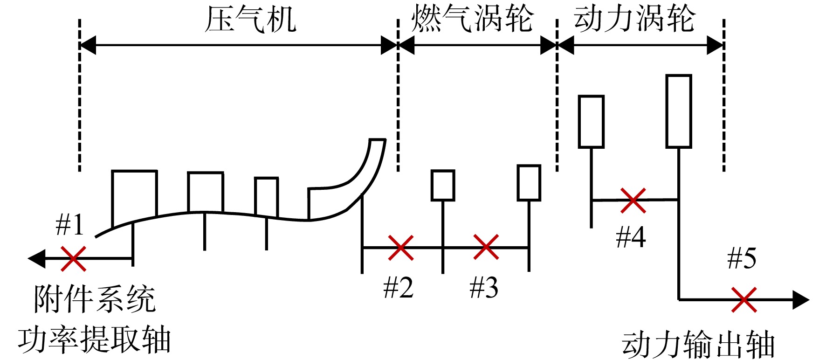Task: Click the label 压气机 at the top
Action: [x=251, y=19]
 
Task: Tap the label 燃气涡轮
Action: [x=472, y=19]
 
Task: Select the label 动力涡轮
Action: [x=634, y=19]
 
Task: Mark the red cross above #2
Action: [x=401, y=248]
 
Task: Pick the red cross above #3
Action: [x=486, y=247]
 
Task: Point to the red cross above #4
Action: [x=633, y=201]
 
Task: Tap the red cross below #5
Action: [x=744, y=299]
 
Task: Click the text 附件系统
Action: [x=95, y=299]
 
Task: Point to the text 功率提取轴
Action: [x=95, y=339]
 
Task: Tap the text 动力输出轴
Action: [x=698, y=345]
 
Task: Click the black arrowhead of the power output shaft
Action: [x=801, y=300]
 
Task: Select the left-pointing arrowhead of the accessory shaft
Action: [x=36, y=258]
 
